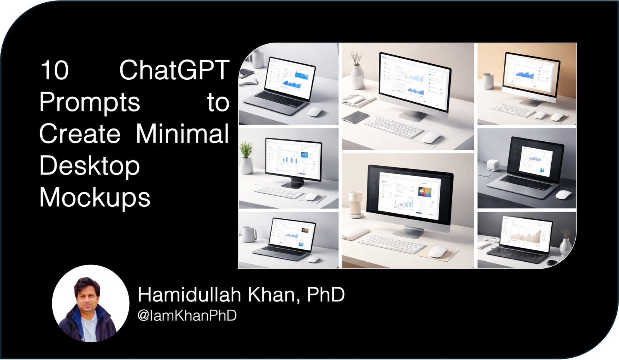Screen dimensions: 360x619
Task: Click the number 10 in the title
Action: (55, 70)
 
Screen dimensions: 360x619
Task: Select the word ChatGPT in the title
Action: (174, 70)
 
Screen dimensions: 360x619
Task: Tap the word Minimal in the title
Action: (182, 134)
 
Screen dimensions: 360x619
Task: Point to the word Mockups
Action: (95, 197)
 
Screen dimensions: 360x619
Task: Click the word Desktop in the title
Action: (89, 166)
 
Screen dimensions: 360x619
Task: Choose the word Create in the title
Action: (80, 134)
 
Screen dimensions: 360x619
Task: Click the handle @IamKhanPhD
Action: (187, 316)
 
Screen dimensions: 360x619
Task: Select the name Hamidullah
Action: (189, 295)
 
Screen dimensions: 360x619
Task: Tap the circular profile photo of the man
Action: (91, 304)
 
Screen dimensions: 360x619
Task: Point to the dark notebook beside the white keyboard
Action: (356, 117)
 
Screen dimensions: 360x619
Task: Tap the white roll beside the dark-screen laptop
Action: (494, 165)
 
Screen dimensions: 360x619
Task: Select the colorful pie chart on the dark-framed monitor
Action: (424, 192)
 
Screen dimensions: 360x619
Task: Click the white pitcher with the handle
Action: (248, 234)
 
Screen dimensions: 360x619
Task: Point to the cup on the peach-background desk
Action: (488, 81)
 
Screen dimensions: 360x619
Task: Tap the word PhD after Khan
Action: (326, 295)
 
